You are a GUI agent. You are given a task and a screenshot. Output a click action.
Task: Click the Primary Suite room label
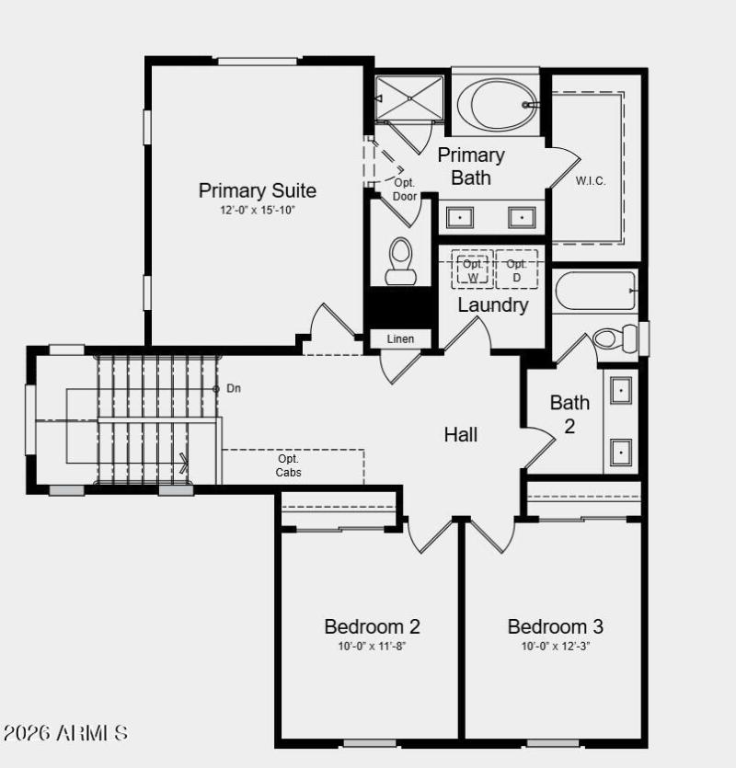click(258, 191)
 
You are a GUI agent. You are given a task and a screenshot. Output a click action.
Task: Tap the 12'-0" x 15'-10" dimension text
click(258, 210)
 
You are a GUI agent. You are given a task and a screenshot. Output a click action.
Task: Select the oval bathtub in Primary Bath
click(497, 104)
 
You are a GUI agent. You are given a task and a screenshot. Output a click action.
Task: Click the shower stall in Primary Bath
click(409, 97)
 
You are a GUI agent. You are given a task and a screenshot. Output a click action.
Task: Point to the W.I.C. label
click(591, 180)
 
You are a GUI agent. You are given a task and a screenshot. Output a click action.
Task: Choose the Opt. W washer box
click(473, 269)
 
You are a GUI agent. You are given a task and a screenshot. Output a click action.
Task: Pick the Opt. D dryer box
click(516, 269)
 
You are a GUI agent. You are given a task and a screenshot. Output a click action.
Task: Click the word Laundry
click(493, 304)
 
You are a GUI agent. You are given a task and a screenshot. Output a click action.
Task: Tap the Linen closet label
click(401, 339)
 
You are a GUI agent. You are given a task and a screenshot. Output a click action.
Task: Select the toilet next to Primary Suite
click(401, 261)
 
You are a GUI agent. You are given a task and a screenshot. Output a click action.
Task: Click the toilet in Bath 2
click(612, 338)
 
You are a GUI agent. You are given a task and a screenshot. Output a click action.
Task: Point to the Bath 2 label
click(569, 414)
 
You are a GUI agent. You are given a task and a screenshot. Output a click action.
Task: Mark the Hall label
click(461, 434)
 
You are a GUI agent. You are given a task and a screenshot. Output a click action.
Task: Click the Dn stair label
click(234, 388)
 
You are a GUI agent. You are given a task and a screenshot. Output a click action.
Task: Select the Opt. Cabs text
click(289, 465)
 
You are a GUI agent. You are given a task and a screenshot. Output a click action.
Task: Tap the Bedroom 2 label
click(372, 627)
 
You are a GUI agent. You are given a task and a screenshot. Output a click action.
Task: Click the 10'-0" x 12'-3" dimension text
click(556, 646)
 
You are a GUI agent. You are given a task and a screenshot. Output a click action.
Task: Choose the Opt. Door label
click(405, 189)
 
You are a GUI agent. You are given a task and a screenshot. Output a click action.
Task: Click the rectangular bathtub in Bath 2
click(595, 291)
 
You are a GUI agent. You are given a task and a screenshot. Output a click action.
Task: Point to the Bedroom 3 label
click(556, 627)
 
